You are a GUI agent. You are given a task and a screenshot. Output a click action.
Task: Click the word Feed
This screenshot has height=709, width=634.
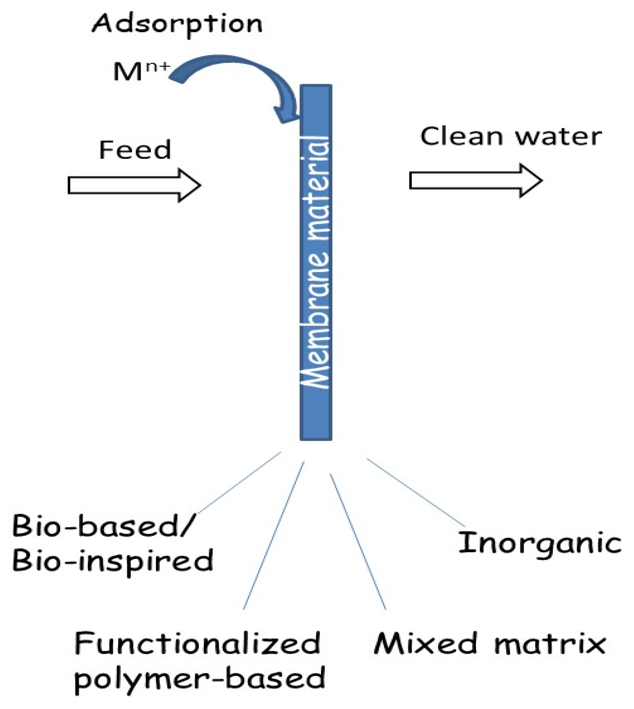click(135, 150)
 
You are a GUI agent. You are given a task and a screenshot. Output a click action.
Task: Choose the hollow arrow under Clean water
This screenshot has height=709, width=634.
click(475, 180)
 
